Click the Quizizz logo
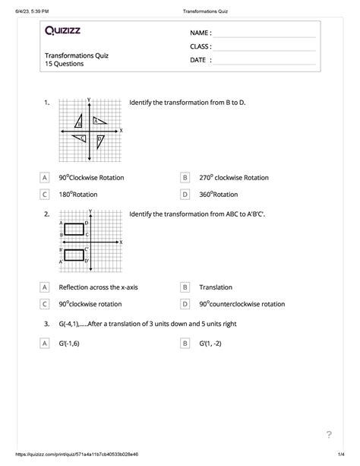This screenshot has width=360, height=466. [x=68, y=31]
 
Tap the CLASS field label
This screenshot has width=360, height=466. [x=201, y=47]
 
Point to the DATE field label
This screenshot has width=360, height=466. [x=201, y=60]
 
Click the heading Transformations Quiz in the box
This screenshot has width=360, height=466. [x=76, y=55]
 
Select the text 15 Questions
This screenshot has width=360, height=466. [x=65, y=64]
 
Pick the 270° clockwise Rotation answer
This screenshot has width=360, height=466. [x=234, y=177]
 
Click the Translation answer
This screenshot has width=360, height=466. [x=216, y=287]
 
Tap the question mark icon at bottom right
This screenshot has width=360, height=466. [x=329, y=435]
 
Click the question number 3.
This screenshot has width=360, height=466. [x=46, y=324]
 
